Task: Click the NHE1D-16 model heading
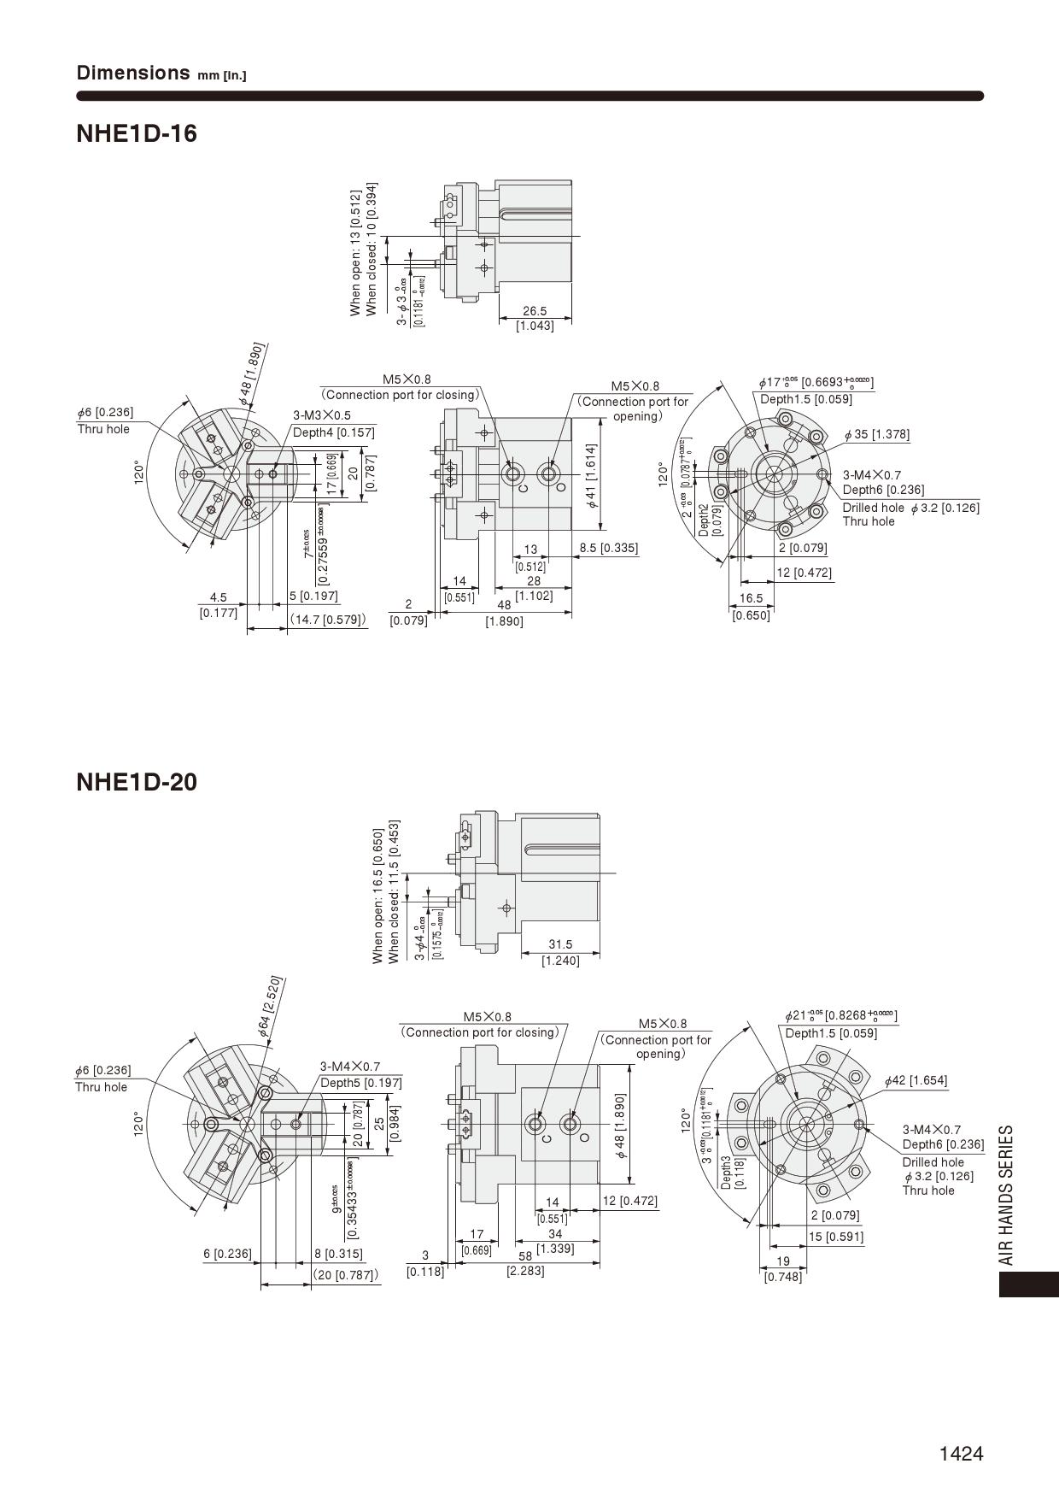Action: click(x=137, y=134)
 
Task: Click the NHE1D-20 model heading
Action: click(x=137, y=782)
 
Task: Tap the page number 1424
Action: click(x=961, y=1454)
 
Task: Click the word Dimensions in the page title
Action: click(x=132, y=73)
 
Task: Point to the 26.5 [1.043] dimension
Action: click(x=535, y=319)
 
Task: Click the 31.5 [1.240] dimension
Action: click(x=560, y=952)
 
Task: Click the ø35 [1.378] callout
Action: click(x=877, y=435)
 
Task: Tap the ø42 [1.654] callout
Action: click(x=916, y=1080)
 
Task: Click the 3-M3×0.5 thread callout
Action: click(x=322, y=415)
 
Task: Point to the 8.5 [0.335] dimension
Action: click(x=608, y=548)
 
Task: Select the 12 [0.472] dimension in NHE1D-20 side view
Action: click(x=630, y=1201)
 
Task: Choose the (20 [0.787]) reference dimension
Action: click(x=345, y=1275)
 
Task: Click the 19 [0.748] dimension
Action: click(x=782, y=1269)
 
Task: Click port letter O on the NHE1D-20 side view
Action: click(x=584, y=1137)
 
